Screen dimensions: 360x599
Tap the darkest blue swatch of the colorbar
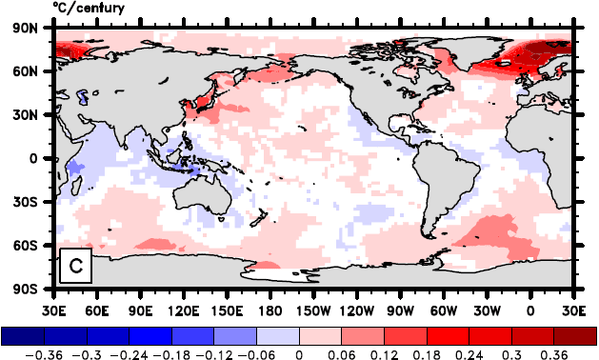[22, 336]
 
